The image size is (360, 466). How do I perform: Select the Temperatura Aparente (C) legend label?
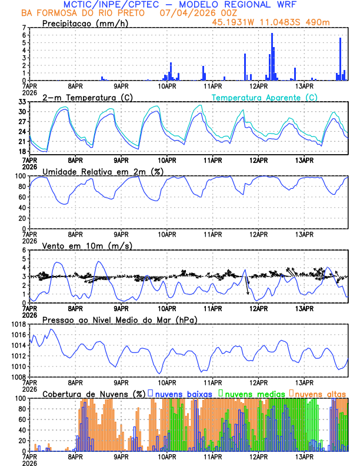tap(264, 97)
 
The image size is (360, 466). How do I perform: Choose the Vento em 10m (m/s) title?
tap(87, 245)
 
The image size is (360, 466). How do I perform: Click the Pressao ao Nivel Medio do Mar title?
tap(120, 319)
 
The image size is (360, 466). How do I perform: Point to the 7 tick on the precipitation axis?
tap(24, 28)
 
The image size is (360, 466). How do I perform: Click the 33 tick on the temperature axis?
tap(22, 102)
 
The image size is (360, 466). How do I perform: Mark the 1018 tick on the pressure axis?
tap(19, 324)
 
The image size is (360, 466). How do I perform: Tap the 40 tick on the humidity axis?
tap(22, 208)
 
